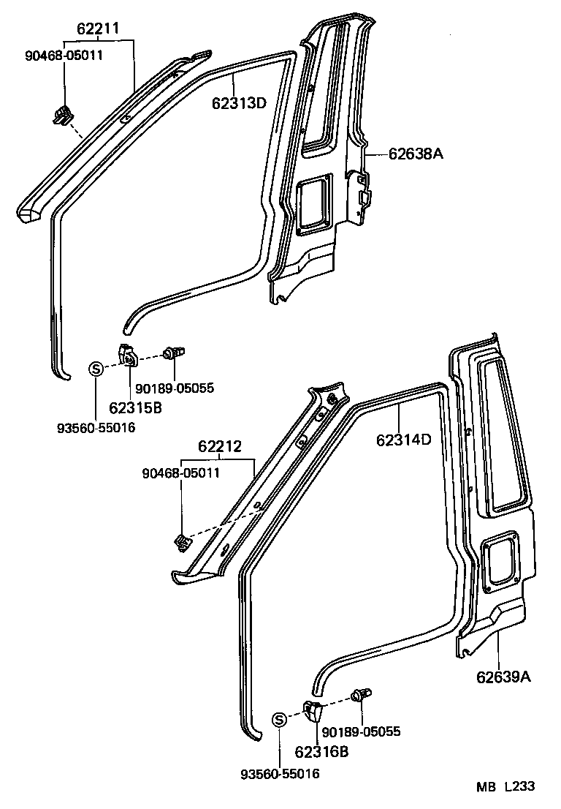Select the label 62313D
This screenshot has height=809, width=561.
pyautogui.click(x=239, y=102)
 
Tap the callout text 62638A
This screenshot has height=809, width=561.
pyautogui.click(x=416, y=154)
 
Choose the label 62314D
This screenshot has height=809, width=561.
pyautogui.click(x=405, y=440)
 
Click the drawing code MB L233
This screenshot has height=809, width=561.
pyautogui.click(x=506, y=786)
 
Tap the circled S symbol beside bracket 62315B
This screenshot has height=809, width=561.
pyautogui.click(x=96, y=369)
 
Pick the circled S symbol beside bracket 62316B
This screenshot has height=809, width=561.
pyautogui.click(x=279, y=720)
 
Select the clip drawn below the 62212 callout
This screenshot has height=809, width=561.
pyautogui.click(x=181, y=542)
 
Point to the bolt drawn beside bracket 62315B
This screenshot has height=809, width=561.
pyautogui.click(x=174, y=353)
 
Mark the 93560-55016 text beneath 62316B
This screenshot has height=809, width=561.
pyautogui.click(x=280, y=774)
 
